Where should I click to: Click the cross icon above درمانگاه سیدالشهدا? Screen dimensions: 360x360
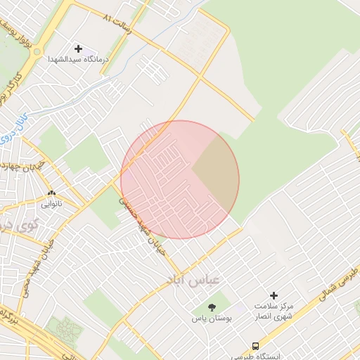coord(77,49)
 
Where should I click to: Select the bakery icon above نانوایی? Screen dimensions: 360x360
coord(51,193)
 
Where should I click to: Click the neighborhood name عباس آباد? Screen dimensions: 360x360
coord(193,279)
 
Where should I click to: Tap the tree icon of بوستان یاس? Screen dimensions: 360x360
coord(212,307)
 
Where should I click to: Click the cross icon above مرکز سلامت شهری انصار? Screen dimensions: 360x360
coord(274,296)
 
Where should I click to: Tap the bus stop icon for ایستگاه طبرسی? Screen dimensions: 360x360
coord(255,346)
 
